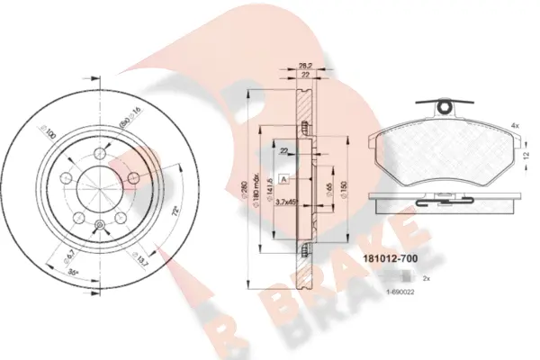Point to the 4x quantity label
515,125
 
